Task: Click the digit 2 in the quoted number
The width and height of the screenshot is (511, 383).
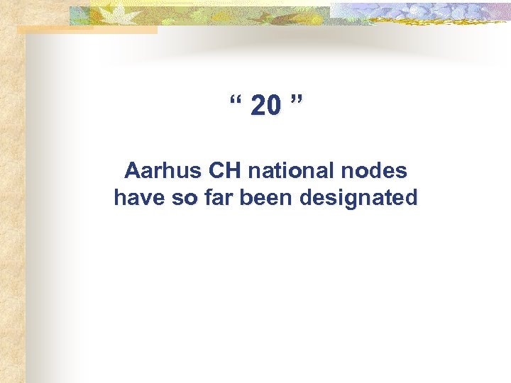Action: [x=258, y=106]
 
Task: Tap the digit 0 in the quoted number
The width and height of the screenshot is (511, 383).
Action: [x=273, y=106]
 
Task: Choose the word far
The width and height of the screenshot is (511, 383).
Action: [x=214, y=197]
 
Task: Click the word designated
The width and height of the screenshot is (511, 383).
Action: [x=358, y=199]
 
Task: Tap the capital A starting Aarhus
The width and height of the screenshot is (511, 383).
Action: [x=131, y=171]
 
